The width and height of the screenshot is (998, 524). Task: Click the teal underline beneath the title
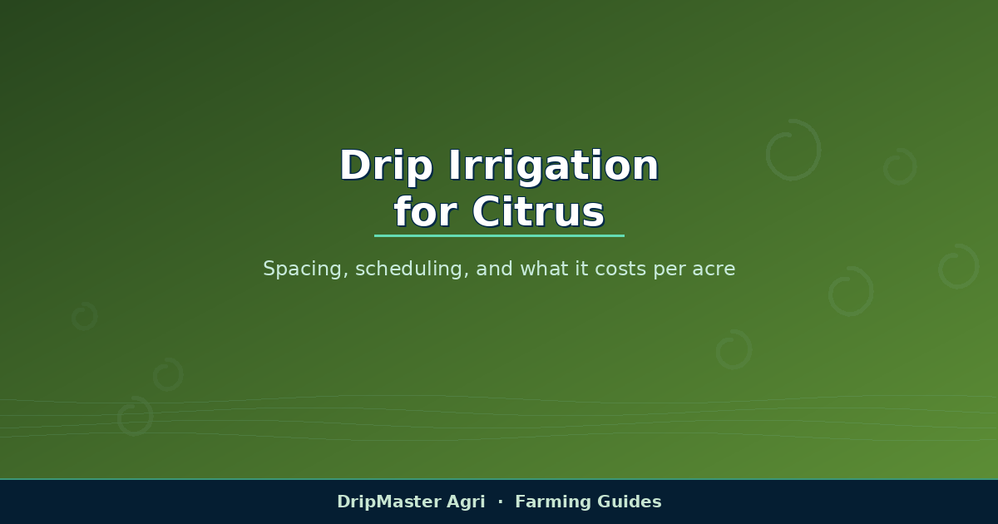coord(499,235)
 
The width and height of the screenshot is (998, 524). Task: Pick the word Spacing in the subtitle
coord(303,269)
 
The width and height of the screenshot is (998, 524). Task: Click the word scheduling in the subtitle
coord(410,269)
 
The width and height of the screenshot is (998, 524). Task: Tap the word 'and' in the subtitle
coord(494,269)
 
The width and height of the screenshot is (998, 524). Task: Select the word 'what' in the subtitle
coord(544,269)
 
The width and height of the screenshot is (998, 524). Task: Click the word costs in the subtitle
coord(620,269)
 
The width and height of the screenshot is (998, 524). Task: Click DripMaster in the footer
coord(388,502)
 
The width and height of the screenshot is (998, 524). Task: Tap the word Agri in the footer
coord(466,502)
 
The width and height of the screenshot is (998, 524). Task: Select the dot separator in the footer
coord(501,502)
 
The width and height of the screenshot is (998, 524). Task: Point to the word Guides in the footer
coord(629,502)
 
